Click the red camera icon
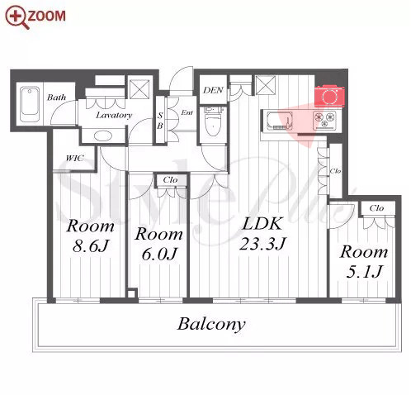click(x=329, y=96)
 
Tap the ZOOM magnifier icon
click(x=17, y=17)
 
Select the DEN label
click(x=213, y=90)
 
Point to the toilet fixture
click(x=214, y=121)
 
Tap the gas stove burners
click(x=325, y=119)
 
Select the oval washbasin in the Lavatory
click(x=103, y=136)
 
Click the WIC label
click(x=75, y=158)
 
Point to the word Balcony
click(x=211, y=324)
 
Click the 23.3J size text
click(x=262, y=244)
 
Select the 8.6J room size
click(x=92, y=245)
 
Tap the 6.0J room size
click(x=159, y=254)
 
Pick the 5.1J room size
click(x=365, y=272)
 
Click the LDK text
click(x=262, y=224)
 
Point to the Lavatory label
click(x=114, y=115)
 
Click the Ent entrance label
click(x=187, y=112)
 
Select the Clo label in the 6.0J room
click(x=170, y=180)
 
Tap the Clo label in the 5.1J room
click(x=376, y=208)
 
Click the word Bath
click(x=57, y=97)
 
